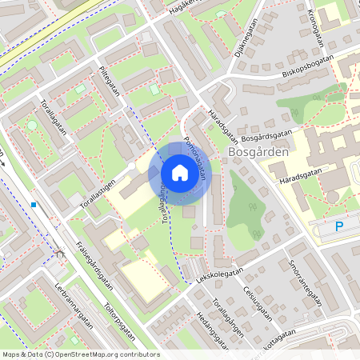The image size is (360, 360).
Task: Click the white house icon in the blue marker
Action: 180,172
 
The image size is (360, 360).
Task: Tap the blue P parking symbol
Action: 338,227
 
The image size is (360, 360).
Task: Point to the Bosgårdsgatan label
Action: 266,133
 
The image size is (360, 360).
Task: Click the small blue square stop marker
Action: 34,204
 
